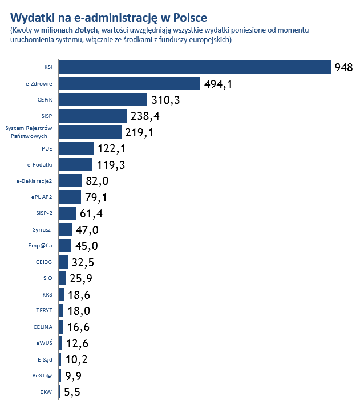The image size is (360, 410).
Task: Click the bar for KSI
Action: click(195, 67)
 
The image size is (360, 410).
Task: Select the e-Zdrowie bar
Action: click(130, 84)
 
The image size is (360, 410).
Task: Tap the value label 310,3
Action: click(166, 100)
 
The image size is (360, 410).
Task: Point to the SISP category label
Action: click(47, 116)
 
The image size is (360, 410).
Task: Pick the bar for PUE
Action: click(76, 149)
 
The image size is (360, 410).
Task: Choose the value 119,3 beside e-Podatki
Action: click(111, 165)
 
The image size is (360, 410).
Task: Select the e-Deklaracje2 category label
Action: click(35, 181)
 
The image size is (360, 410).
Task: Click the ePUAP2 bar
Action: click(70, 197)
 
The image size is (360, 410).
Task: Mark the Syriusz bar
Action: click(65, 230)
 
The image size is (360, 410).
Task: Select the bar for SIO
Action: click(62, 278)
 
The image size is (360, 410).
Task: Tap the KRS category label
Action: click(47, 295)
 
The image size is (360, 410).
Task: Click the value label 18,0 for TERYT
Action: click(79, 311)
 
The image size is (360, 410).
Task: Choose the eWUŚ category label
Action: click(45, 344)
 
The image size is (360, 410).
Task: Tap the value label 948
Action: click(345, 68)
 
